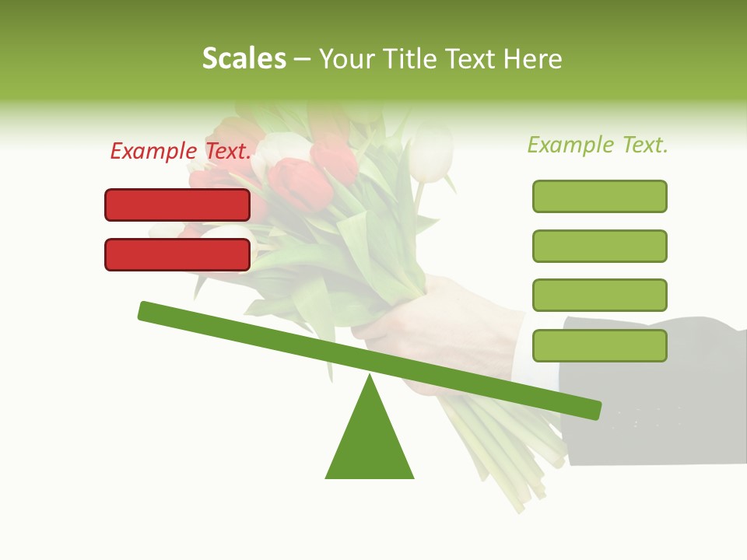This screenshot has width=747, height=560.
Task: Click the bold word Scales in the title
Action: [244, 58]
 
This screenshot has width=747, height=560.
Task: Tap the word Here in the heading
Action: [533, 58]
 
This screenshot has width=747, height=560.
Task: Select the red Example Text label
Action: [181, 151]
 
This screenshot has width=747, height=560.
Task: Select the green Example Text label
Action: [598, 145]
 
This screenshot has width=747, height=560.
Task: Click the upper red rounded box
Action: [177, 205]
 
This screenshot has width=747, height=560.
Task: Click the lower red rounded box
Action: [177, 254]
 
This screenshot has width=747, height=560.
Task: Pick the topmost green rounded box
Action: [599, 196]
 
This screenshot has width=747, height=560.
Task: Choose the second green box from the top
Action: [599, 246]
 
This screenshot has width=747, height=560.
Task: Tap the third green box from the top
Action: [599, 296]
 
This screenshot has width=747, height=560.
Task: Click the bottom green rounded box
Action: [599, 345]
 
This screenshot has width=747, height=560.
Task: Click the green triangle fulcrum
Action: [370, 443]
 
